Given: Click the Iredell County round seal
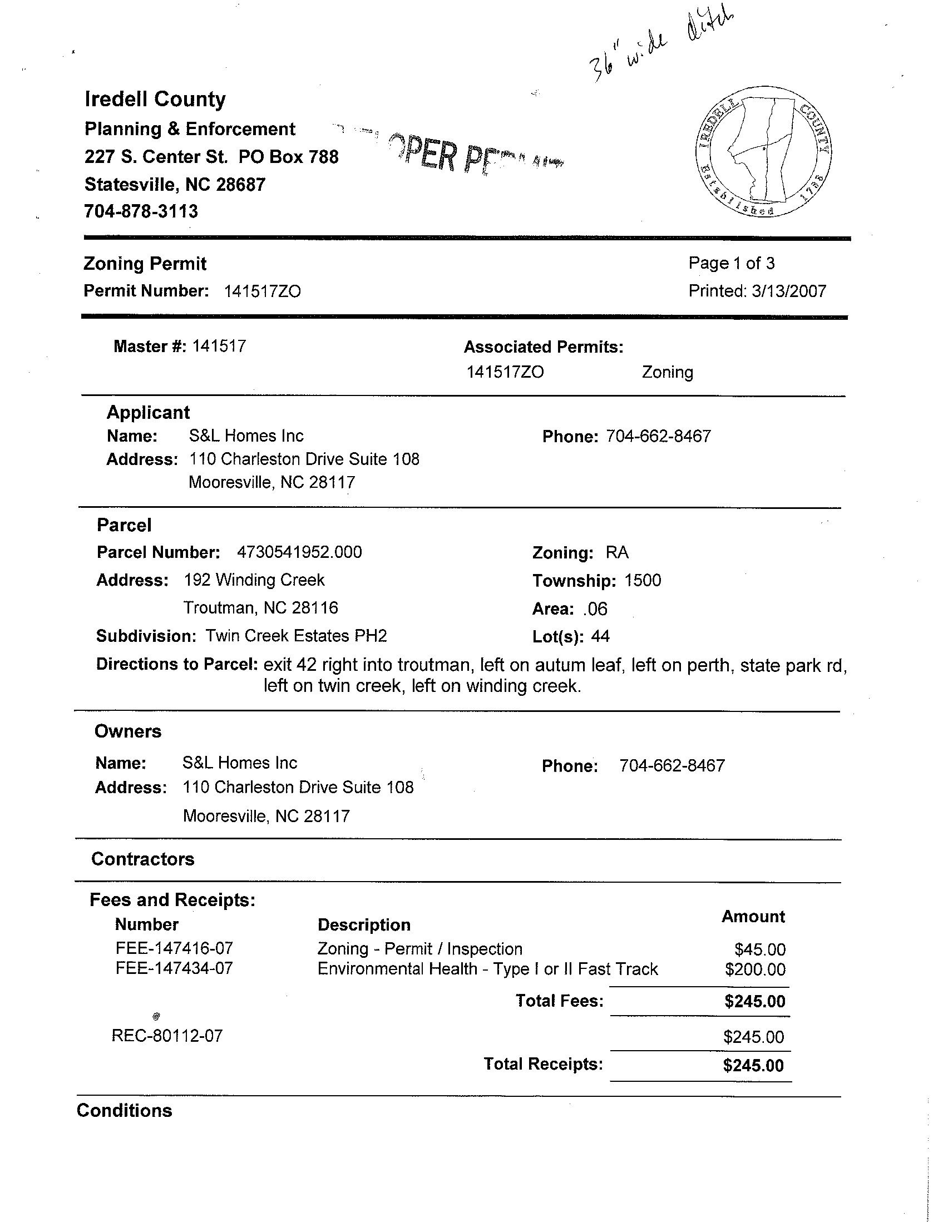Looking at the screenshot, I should pyautogui.click(x=764, y=152).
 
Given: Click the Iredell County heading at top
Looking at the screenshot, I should pyautogui.click(x=155, y=99).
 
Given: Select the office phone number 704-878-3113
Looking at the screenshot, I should pyautogui.click(x=141, y=211).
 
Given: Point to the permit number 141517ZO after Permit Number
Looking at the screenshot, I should pyautogui.click(x=262, y=291).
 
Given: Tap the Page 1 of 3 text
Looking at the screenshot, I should pyautogui.click(x=732, y=263).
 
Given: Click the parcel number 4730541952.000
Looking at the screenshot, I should pyautogui.click(x=299, y=552).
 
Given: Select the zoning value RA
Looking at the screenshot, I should pyautogui.click(x=617, y=553).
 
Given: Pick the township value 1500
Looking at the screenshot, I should pyautogui.click(x=643, y=580).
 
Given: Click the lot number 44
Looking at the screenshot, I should pyautogui.click(x=600, y=636).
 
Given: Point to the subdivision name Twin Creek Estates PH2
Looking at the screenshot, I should pyautogui.click(x=296, y=636).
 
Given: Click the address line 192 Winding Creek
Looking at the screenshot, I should pyautogui.click(x=254, y=580).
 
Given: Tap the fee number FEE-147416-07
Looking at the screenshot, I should pyautogui.click(x=174, y=948).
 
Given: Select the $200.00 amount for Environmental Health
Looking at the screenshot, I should pyautogui.click(x=755, y=969).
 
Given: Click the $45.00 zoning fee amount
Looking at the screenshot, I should pyautogui.click(x=760, y=949).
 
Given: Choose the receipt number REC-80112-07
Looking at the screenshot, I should pyautogui.click(x=167, y=1036).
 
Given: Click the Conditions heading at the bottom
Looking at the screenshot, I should pyautogui.click(x=124, y=1111).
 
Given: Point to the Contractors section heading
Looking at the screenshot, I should pyautogui.click(x=143, y=859).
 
